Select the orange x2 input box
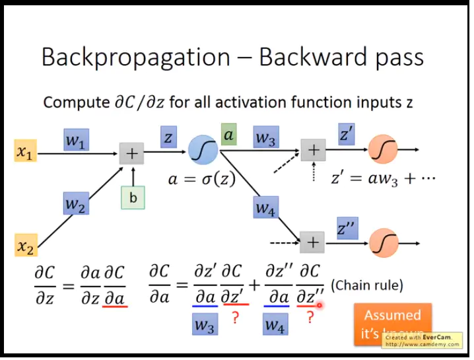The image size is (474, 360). pos(25,247)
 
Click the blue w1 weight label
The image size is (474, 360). pos(77,140)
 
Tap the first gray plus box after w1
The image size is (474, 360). pos(131,154)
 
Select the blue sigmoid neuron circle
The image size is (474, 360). pos(201,150)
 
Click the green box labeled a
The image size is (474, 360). pos(229,135)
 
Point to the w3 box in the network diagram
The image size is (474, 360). pos(267,139)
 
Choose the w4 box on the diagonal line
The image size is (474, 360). pos(265,209)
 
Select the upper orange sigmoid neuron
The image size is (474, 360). pos(382,150)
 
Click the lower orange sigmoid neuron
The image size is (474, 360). pos(382,242)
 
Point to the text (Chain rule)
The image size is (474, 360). pos(366,286)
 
